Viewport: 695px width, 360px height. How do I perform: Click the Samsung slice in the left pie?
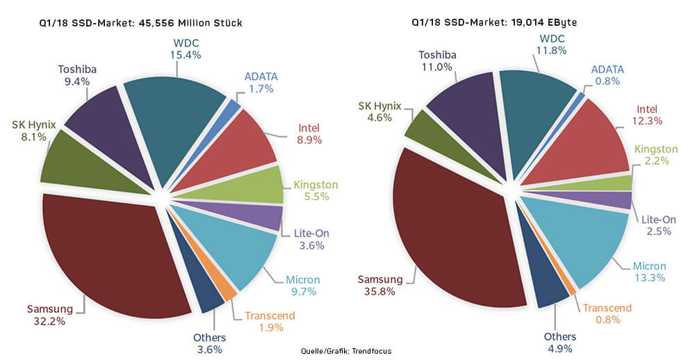[x=111, y=250]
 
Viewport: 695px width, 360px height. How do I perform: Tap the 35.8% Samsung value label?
[x=376, y=291]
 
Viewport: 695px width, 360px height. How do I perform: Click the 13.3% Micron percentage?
[x=649, y=278]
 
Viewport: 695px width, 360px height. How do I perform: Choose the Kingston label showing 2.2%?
[x=655, y=155]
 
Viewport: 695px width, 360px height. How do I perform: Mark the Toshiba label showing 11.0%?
[x=436, y=60]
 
